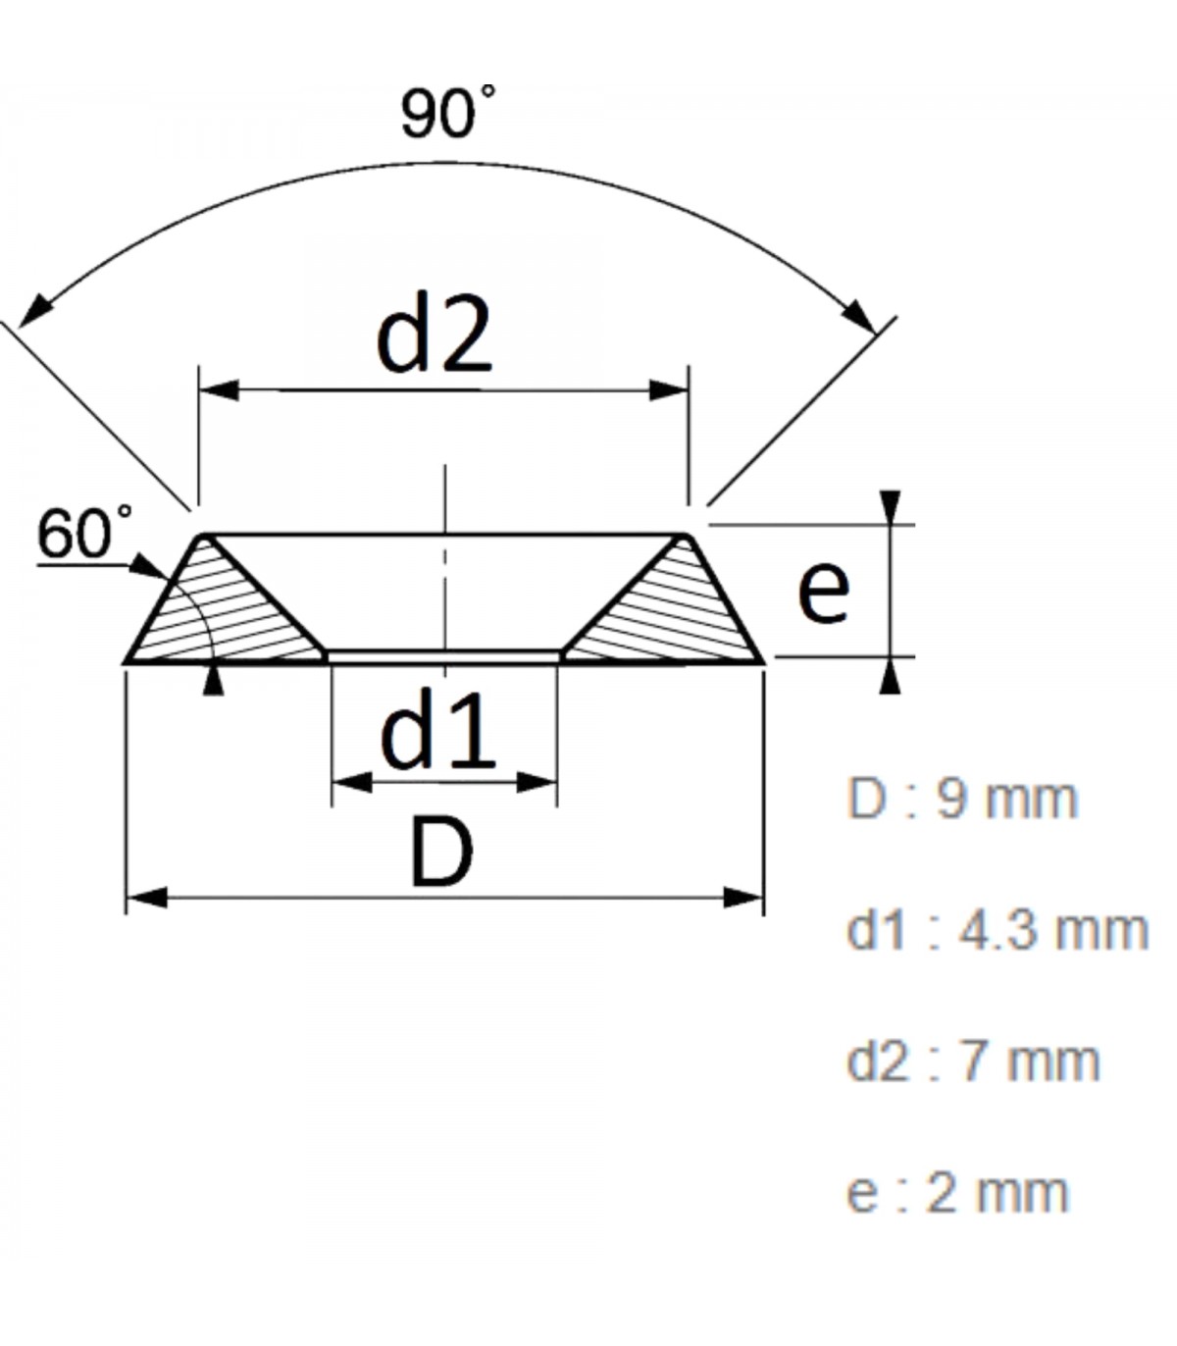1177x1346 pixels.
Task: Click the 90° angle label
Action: point(448,112)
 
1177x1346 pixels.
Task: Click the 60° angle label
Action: point(84,532)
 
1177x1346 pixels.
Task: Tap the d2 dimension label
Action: point(434,333)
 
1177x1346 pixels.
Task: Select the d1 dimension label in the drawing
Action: point(437,729)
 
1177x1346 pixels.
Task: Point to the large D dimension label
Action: point(441,853)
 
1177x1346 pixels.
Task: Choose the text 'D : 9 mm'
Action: point(962,800)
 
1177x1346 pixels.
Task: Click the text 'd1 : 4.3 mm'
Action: point(998,931)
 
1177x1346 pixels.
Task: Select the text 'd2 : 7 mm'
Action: point(973,1061)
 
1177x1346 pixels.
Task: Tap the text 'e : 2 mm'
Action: point(957,1193)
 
